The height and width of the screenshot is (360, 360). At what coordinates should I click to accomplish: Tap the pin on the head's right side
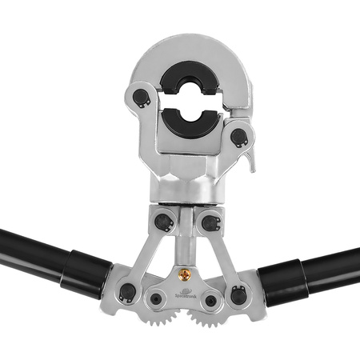point(238,136)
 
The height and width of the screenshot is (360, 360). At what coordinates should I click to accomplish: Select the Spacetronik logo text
point(186,289)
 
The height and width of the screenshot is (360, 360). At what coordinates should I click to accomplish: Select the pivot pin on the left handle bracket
point(126,294)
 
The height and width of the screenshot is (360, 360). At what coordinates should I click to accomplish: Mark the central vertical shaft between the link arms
point(186,240)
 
